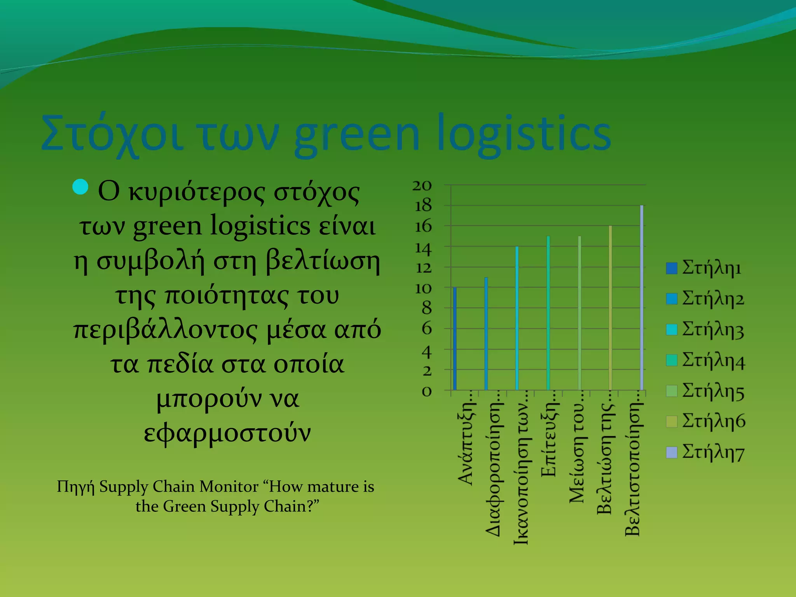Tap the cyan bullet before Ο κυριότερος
tap(80, 187)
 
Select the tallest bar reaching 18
tap(642, 297)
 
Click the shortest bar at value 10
tap(455, 338)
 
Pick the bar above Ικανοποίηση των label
tap(517, 318)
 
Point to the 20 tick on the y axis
tap(422, 186)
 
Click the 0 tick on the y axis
tap(427, 391)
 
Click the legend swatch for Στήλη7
tap(672, 452)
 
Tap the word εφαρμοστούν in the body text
tap(227, 433)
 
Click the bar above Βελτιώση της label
tap(611, 307)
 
